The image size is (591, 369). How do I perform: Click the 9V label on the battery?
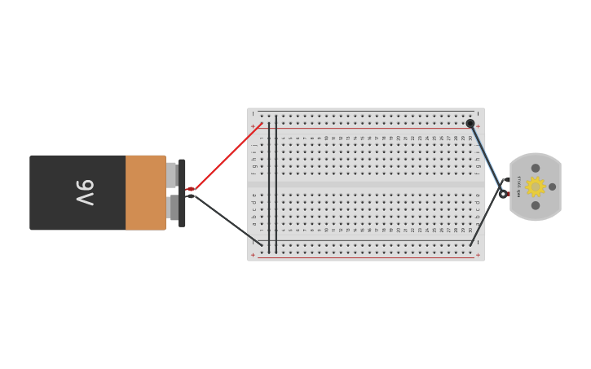point(85,193)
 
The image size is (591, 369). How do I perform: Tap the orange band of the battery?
point(145,193)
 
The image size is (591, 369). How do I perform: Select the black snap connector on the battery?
point(182,193)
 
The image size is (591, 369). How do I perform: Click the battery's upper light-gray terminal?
point(171,174)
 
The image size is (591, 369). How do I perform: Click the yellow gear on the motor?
point(535,187)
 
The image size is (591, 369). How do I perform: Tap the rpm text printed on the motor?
point(518,187)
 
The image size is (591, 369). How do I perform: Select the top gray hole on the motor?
point(536,169)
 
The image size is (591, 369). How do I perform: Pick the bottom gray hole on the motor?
point(536,205)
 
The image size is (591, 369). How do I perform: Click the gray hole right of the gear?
point(552,187)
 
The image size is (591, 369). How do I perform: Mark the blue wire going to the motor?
point(487,158)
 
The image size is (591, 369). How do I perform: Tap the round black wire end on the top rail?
point(470,124)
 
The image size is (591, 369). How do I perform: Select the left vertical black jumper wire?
point(269,184)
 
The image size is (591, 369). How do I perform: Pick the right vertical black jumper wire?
point(276,184)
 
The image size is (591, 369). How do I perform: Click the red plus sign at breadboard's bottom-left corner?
point(253,255)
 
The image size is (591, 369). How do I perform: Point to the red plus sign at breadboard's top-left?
point(253,126)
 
